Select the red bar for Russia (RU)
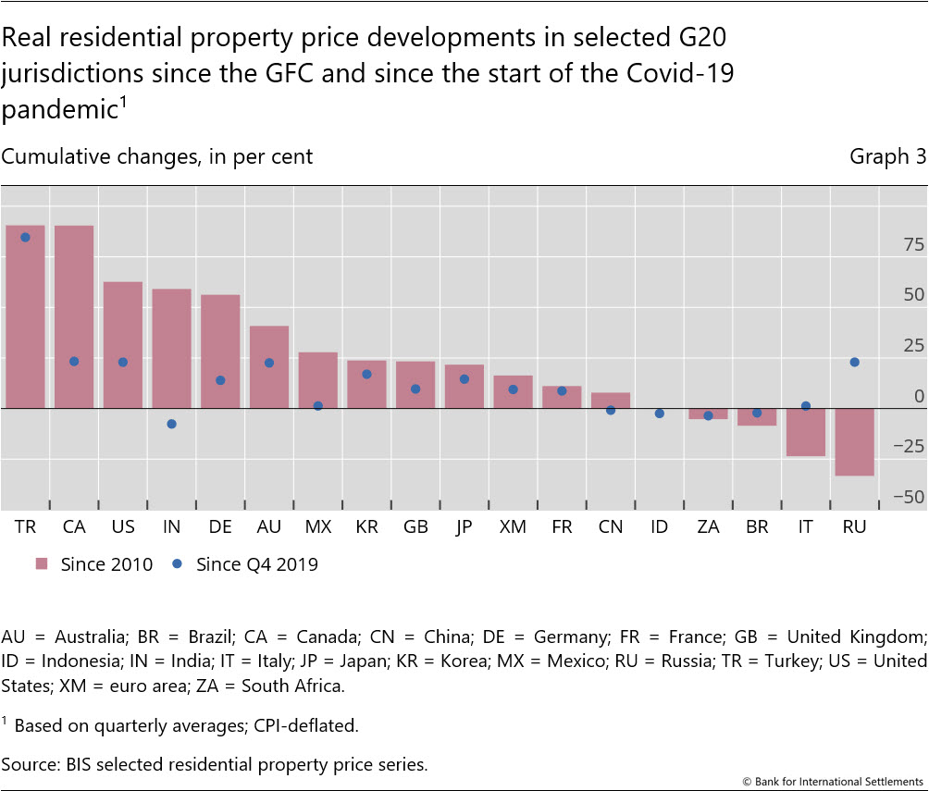click(855, 442)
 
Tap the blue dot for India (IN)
click(171, 424)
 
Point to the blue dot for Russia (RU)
click(855, 362)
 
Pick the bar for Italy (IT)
click(806, 432)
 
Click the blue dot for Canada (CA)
click(74, 361)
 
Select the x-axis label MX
click(317, 527)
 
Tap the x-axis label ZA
click(709, 527)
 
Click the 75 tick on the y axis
click(914, 245)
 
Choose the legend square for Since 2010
click(42, 563)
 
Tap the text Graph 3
click(887, 157)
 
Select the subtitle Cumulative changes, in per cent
click(157, 157)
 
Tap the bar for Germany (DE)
click(220, 352)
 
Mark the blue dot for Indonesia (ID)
click(660, 414)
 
